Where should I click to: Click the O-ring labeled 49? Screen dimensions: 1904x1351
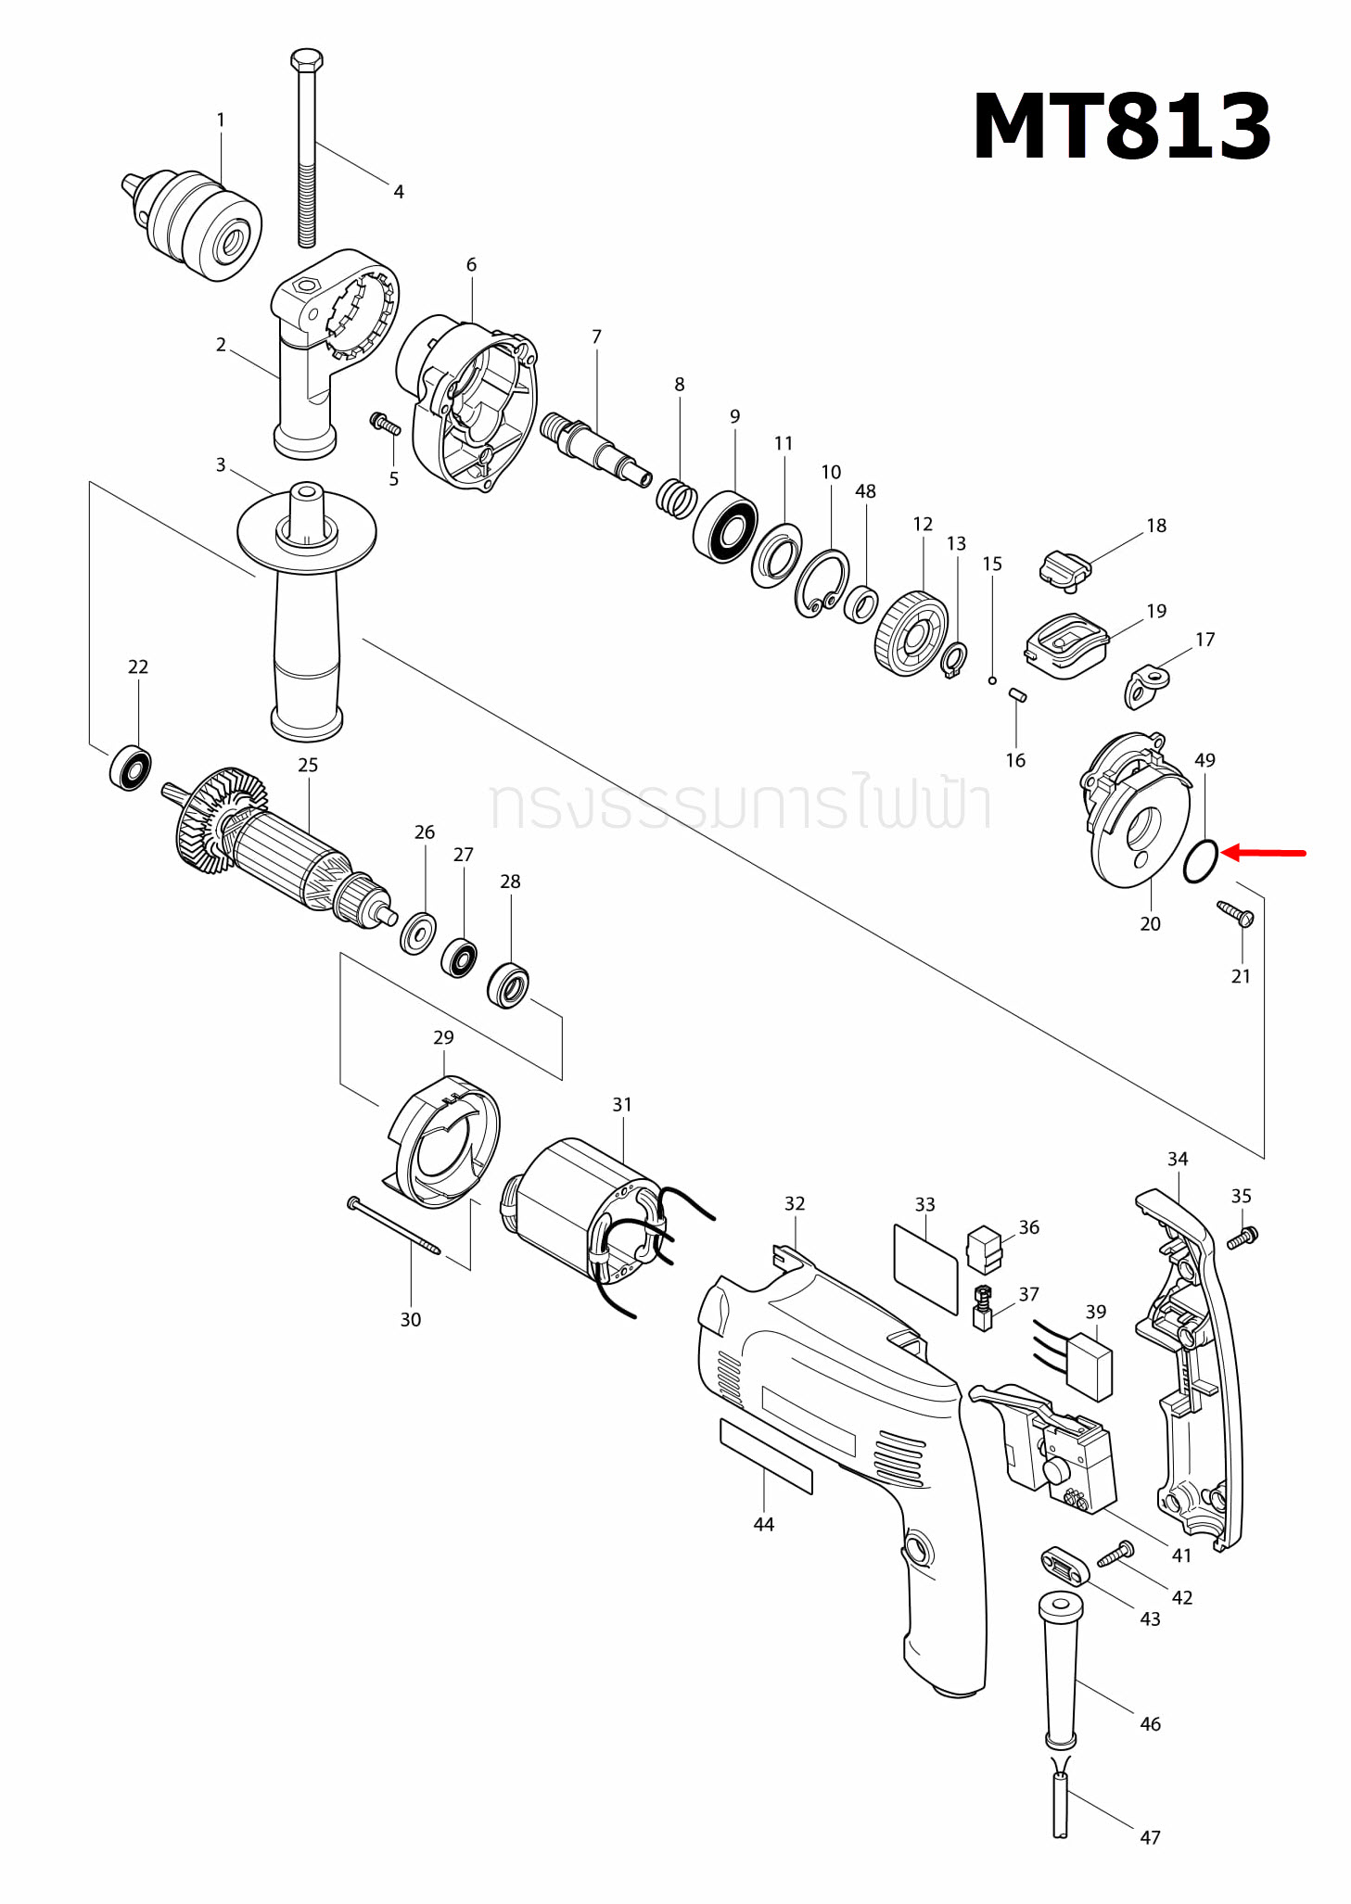[x=1200, y=861]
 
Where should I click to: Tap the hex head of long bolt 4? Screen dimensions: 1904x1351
[x=307, y=61]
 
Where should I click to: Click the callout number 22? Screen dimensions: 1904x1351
[x=138, y=666]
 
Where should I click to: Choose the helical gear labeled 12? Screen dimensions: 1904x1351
[x=911, y=635]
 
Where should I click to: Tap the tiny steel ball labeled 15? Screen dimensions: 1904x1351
[x=991, y=680]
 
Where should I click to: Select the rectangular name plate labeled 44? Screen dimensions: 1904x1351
[x=766, y=1455]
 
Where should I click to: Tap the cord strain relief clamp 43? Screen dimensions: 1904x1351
[x=1063, y=1566]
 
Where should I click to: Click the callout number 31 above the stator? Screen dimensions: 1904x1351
[x=622, y=1104]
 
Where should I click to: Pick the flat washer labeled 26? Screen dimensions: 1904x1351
[x=418, y=933]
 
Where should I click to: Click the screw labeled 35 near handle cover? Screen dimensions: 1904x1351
[x=1243, y=1237]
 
